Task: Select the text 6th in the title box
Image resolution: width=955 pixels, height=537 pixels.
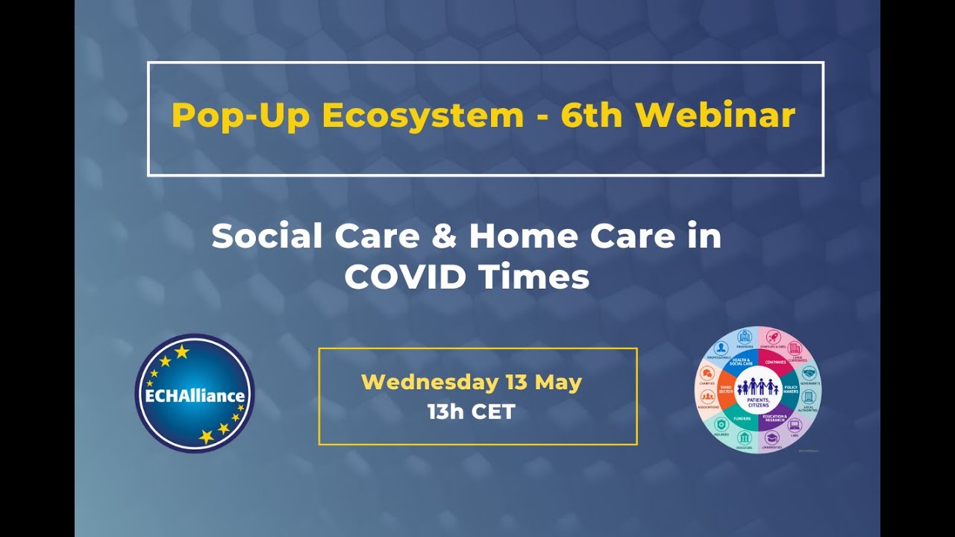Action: click(x=594, y=116)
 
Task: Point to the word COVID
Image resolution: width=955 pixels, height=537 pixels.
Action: click(x=406, y=277)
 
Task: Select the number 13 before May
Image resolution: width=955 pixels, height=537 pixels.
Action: click(x=516, y=383)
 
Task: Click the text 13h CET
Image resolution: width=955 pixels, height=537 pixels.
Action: click(x=471, y=411)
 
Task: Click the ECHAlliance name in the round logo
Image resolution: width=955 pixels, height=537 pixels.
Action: click(x=195, y=395)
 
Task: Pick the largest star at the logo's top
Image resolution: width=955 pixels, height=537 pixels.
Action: click(x=182, y=351)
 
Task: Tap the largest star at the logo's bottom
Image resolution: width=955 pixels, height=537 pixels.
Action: click(x=207, y=437)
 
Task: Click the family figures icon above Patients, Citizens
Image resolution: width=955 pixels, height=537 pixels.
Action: click(x=757, y=386)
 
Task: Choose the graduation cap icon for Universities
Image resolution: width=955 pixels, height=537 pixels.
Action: click(x=771, y=438)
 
